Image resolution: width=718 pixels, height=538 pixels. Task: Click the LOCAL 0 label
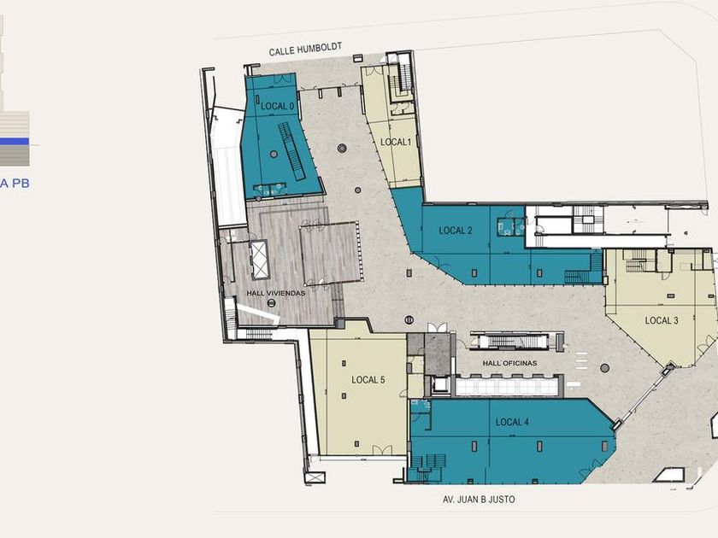click(278, 106)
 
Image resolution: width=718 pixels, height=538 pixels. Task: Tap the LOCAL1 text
click(396, 143)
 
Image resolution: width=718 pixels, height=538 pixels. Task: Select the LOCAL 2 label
click(455, 231)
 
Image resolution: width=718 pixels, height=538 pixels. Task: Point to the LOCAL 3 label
click(662, 321)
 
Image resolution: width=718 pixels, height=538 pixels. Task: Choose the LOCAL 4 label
click(512, 422)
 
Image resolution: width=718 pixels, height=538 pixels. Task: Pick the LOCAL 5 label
click(368, 380)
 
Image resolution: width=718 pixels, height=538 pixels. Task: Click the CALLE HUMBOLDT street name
click(305, 50)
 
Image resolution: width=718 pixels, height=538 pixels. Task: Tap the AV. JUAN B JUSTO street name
click(479, 499)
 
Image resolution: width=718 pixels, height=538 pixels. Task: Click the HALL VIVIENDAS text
click(275, 293)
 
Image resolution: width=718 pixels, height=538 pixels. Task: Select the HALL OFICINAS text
click(509, 363)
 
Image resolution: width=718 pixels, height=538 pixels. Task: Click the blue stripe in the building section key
click(15, 142)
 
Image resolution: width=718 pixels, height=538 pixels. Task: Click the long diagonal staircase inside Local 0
click(292, 151)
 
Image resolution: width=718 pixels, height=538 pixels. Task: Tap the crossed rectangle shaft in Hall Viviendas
click(259, 260)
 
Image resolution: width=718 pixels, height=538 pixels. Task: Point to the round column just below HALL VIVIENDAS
click(272, 303)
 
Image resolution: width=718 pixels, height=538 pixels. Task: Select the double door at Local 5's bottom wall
click(382, 450)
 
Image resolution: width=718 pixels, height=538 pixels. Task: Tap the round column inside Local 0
click(274, 155)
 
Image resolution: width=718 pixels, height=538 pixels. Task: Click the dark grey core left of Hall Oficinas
click(438, 354)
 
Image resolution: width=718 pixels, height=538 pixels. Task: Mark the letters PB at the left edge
click(21, 184)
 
